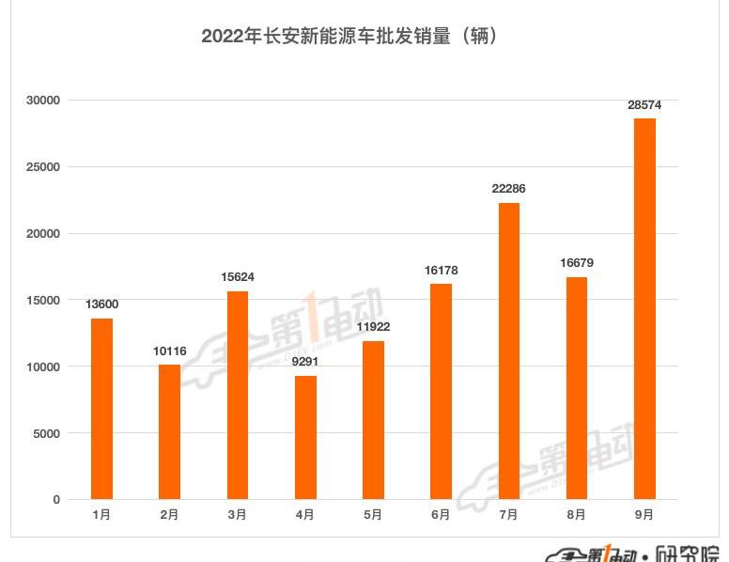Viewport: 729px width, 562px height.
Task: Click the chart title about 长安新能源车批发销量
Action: [349, 37]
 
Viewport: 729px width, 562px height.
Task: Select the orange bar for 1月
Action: [101, 409]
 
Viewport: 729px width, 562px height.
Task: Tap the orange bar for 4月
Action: [305, 437]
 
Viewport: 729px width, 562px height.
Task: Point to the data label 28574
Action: [644, 105]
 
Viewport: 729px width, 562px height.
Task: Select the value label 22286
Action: [508, 189]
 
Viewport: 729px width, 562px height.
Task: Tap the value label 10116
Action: [170, 351]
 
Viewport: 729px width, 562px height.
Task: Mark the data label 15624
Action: [238, 277]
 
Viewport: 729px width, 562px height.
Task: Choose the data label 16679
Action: [576, 263]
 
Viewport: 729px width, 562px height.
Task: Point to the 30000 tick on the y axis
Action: [43, 101]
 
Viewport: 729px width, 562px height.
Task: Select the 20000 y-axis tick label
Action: [43, 234]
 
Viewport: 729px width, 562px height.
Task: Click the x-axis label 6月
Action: [441, 515]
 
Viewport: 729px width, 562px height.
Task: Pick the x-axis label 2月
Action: [170, 515]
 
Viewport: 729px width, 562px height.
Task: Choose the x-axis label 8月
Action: [576, 515]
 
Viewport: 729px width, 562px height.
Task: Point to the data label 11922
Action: [373, 327]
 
